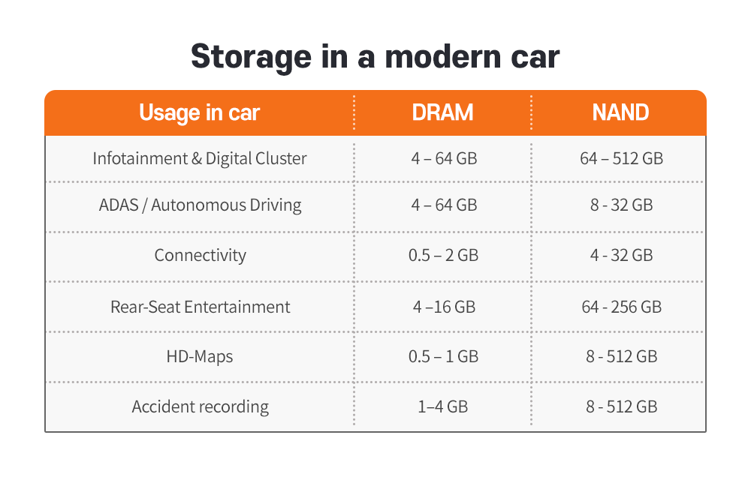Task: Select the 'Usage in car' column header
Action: click(x=199, y=112)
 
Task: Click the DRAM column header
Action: click(x=442, y=112)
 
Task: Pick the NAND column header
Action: click(x=621, y=112)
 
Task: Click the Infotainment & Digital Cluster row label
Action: click(x=200, y=158)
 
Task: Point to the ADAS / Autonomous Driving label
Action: click(x=201, y=205)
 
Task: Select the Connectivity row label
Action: click(x=201, y=255)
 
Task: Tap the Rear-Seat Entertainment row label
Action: click(x=201, y=307)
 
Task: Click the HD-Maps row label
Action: click(x=200, y=357)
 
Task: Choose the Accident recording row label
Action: click(x=201, y=407)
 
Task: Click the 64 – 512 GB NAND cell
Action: click(x=621, y=158)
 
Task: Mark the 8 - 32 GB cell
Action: click(x=621, y=205)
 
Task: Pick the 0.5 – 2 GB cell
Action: click(x=443, y=255)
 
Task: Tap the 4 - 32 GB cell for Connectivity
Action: click(x=621, y=255)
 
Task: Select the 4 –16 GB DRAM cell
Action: click(x=444, y=307)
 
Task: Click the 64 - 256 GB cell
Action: click(x=621, y=307)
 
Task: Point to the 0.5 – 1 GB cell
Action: click(x=443, y=357)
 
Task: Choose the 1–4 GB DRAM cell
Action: click(x=442, y=407)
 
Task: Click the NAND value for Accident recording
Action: click(x=621, y=407)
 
